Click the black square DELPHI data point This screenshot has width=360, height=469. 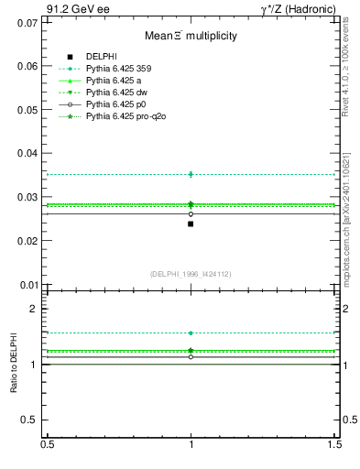(191, 224)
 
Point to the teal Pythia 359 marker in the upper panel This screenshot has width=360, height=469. (191, 174)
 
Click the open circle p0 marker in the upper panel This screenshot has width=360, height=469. (191, 213)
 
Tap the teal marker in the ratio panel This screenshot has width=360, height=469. (191, 333)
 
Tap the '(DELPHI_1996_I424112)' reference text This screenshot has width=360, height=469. (191, 274)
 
